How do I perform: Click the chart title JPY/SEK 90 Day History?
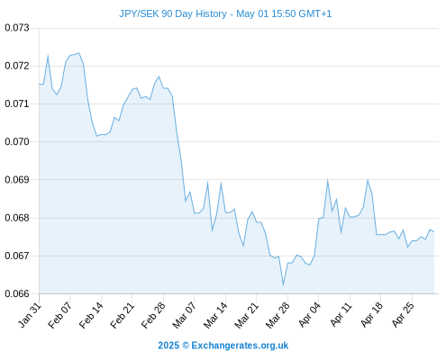coord(173,13)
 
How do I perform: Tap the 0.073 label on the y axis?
coord(17,28)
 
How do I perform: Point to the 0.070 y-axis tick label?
coord(17,141)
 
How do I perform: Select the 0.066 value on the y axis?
coord(17,293)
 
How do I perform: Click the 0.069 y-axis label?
coord(17,179)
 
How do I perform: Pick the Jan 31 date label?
coord(30,315)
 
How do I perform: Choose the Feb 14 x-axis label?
coord(91,315)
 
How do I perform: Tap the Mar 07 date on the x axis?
coord(184,315)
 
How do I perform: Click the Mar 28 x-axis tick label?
coord(278,315)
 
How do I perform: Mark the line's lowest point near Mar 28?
coord(283,285)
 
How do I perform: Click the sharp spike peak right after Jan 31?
coord(48,56)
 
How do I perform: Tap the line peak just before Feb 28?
coord(159,76)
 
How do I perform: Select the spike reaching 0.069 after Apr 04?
coord(327,180)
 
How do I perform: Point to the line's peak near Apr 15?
coord(368,180)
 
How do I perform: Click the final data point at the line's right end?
coord(434,232)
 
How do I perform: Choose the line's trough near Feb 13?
coord(96,136)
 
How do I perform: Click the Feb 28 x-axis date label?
coord(153,315)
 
